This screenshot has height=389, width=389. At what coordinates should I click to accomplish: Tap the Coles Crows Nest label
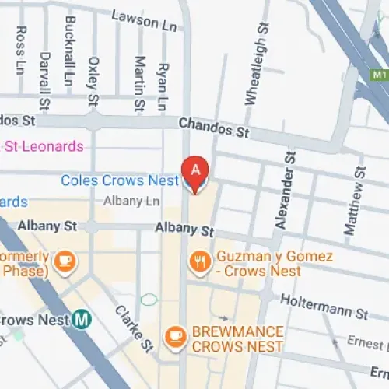[114, 180]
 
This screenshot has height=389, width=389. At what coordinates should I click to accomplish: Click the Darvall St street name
[44, 81]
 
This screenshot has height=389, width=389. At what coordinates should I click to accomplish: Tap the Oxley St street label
[93, 81]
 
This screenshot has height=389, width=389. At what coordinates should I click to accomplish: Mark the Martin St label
[139, 82]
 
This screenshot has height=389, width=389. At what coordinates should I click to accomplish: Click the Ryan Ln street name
[162, 86]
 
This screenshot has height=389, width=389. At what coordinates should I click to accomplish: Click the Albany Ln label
[131, 201]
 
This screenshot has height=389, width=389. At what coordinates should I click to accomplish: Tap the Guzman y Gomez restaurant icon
[200, 262]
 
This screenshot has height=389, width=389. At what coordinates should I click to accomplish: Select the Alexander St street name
[284, 191]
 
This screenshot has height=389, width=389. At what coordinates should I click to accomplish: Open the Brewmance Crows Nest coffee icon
[176, 336]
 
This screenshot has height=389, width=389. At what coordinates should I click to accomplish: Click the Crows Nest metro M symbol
[82, 318]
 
